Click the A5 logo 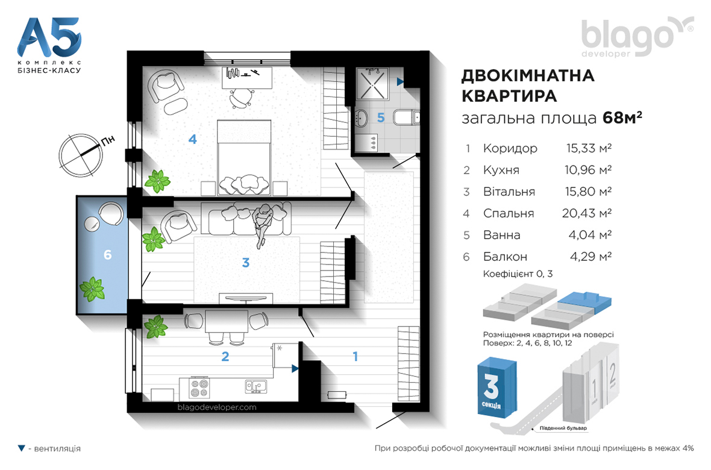49,45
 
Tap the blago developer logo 637,37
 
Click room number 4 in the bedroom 193,139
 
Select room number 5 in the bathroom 381,118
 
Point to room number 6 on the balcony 107,255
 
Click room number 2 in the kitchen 225,357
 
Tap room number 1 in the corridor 355,357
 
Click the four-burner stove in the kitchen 199,388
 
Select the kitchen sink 256,386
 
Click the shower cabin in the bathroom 372,84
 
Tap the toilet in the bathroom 406,117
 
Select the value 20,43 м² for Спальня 587,213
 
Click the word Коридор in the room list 510,148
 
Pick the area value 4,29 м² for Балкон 591,257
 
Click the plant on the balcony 93,289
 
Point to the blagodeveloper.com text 217,407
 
